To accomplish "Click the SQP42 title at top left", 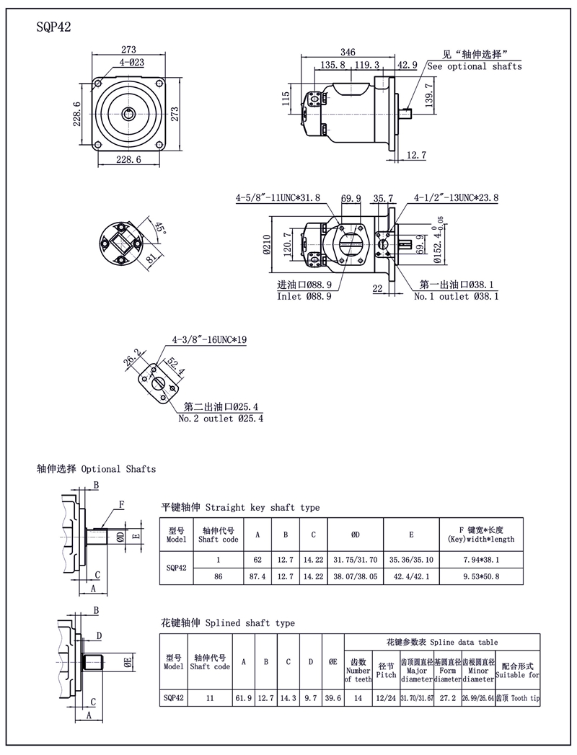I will coord(53,27).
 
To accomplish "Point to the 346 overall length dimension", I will coord(348,52).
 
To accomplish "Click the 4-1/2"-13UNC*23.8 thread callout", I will coord(456,197).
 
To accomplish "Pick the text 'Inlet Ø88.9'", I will coord(304,296).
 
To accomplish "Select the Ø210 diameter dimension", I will coord(266,245).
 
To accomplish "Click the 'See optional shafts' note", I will coord(474,66).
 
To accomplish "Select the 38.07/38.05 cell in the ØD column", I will coord(356,576).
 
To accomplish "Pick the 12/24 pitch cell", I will coord(386,698).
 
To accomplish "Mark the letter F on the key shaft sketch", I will coord(122,504).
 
